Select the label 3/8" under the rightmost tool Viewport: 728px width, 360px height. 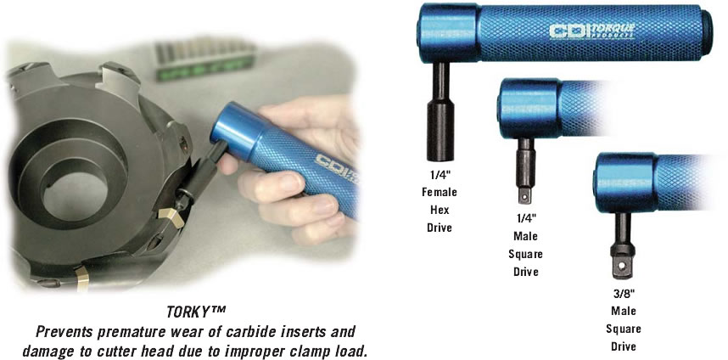pyautogui.click(x=623, y=293)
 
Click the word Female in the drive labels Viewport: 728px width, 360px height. pyautogui.click(x=440, y=192)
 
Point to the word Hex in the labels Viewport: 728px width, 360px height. pyautogui.click(x=440, y=210)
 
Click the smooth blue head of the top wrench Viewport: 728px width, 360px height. pyautogui.click(x=450, y=32)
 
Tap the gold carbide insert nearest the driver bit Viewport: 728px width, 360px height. pyautogui.click(x=171, y=218)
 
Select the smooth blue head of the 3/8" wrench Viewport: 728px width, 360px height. pyautogui.click(x=625, y=183)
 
